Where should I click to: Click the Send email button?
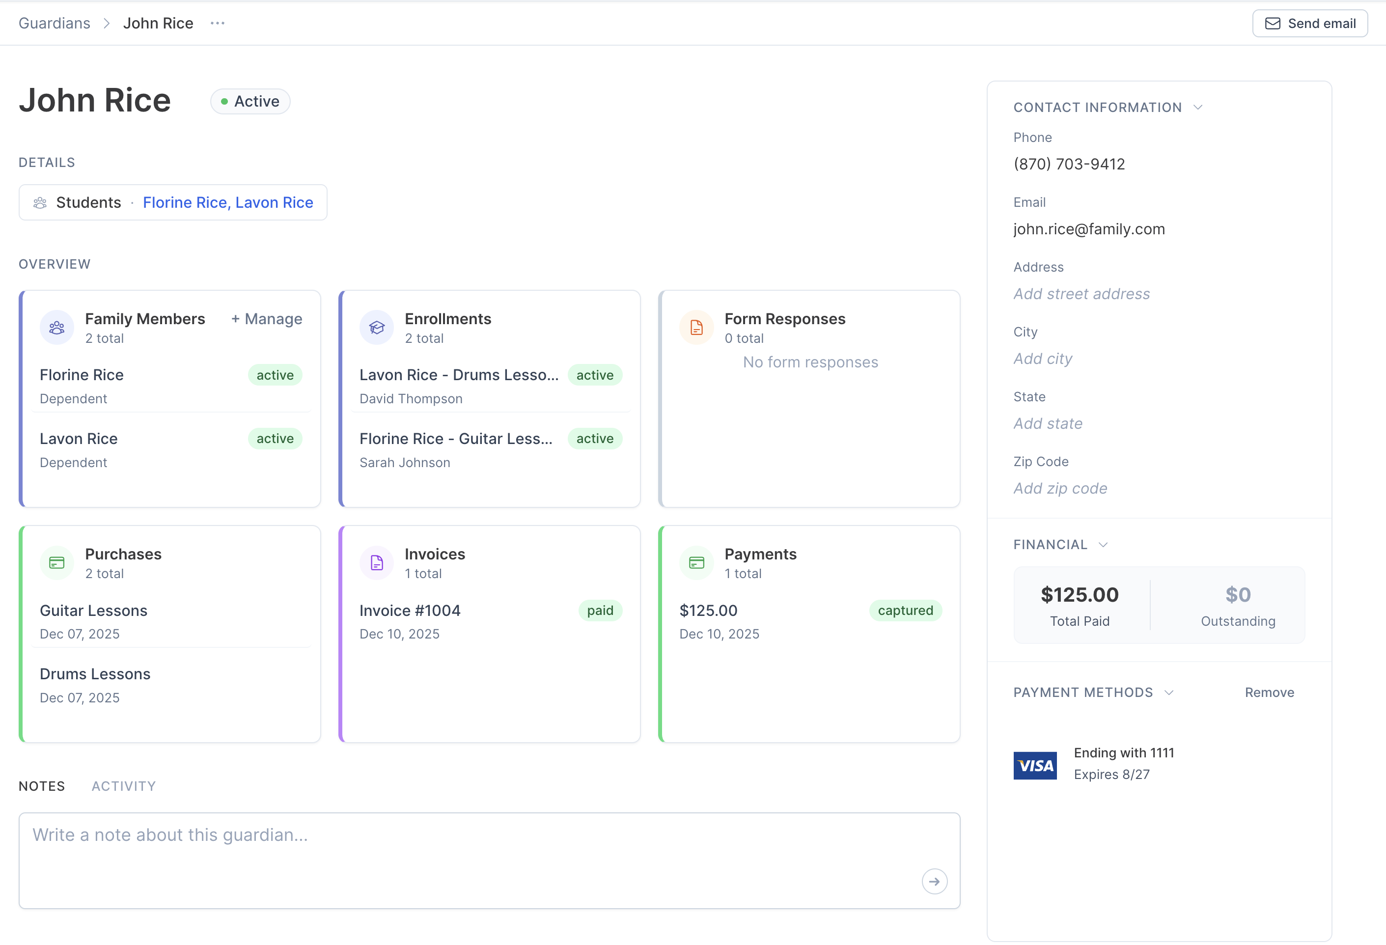pos(1310,23)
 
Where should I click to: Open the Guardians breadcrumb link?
pos(54,23)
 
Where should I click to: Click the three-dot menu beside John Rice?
pos(218,23)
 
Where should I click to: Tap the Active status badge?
pos(250,101)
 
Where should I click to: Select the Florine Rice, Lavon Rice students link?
pos(228,203)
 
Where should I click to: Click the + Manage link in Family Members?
pos(267,319)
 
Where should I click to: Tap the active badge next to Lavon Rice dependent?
pos(275,439)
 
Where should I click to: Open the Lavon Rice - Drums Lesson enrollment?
pos(459,375)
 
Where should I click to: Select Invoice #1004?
pos(410,611)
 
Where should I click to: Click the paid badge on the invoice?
pos(600,611)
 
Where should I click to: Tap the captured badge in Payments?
pos(905,611)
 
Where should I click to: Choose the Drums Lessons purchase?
pos(95,674)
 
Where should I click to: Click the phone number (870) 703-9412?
pos(1069,164)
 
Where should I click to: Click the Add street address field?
pos(1081,294)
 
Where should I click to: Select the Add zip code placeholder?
pos(1060,489)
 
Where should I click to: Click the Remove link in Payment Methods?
pos(1269,693)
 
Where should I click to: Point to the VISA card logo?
pos(1035,765)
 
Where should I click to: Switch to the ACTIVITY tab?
pos(123,786)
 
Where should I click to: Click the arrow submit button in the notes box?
pos(934,881)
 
